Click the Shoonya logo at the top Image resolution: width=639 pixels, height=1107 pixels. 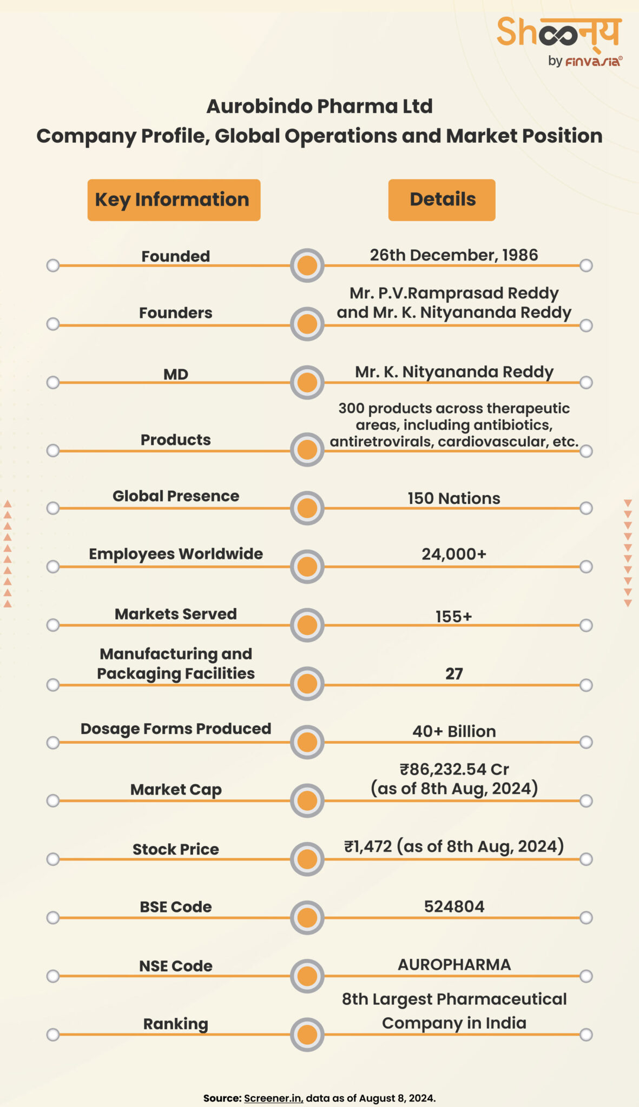point(559,41)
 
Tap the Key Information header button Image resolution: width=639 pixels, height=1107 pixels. point(174,200)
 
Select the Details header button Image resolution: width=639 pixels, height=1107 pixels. point(442,200)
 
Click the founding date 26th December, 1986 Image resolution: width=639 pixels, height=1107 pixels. point(453,255)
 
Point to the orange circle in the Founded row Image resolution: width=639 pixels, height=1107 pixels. point(307,265)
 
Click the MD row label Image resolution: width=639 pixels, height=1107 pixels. point(176,374)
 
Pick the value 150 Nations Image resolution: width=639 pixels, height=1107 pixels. point(453,498)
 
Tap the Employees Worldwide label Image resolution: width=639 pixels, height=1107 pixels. point(176,554)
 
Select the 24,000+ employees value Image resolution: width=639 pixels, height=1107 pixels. point(453,554)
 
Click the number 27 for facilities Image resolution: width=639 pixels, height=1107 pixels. point(453,673)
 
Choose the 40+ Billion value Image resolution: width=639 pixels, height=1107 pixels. point(453,731)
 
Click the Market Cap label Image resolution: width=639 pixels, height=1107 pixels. point(176,790)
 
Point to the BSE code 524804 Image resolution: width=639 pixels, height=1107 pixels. point(453,906)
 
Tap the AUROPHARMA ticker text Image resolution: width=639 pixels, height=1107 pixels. point(453,965)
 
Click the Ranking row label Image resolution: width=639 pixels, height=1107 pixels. point(176,1024)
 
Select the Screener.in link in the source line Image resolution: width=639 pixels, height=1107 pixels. point(273,1098)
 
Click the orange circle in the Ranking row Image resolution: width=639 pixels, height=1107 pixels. point(307,1035)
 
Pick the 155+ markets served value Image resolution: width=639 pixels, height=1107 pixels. point(453,616)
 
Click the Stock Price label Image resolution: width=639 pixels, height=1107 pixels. point(176,849)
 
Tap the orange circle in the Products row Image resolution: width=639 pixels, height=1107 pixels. point(307,450)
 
